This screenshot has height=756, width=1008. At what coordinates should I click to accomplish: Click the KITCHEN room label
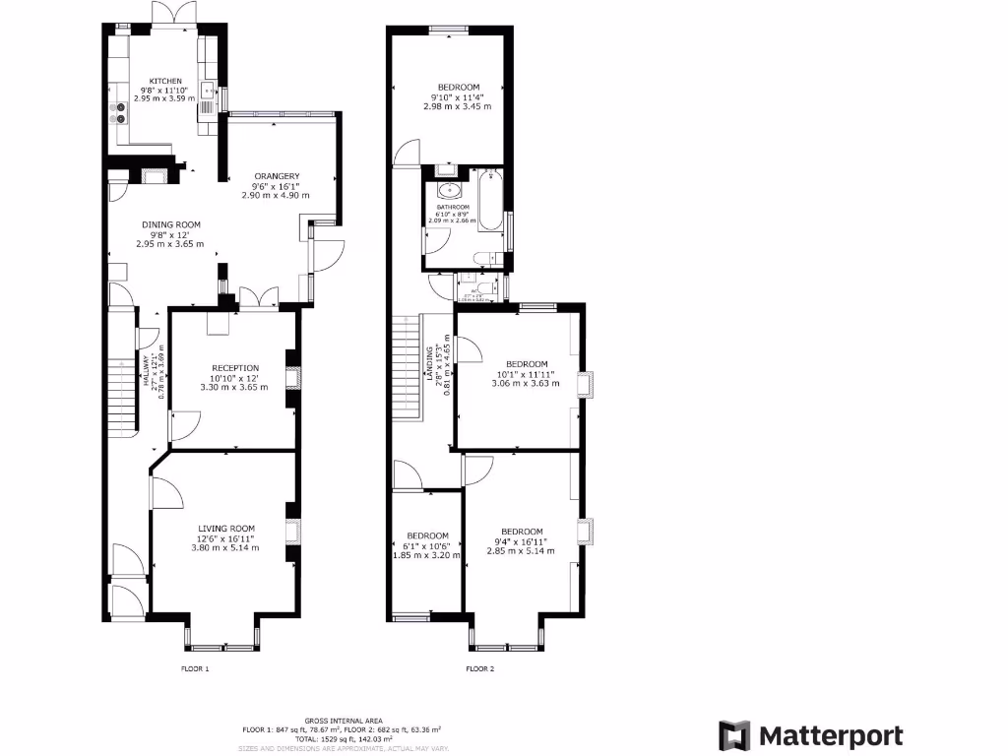tap(165, 81)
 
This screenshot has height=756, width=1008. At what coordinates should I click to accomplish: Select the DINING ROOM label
tap(170, 224)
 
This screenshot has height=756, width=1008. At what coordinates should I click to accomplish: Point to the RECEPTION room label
tap(235, 368)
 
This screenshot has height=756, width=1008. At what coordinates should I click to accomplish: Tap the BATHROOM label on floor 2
tap(453, 207)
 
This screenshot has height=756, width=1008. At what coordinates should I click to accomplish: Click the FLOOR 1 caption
tap(195, 668)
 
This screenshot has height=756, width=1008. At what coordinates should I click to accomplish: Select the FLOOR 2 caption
tap(479, 668)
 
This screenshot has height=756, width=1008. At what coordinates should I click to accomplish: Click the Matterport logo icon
tap(734, 735)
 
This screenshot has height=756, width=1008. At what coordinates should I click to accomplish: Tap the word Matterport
tap(830, 735)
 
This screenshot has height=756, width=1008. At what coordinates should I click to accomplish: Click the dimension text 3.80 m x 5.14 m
tap(226, 547)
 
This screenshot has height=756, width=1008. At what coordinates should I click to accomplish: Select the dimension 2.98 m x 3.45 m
tap(457, 106)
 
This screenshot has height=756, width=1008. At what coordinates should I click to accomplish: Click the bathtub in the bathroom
tap(492, 207)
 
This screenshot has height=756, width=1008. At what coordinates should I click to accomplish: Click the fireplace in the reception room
tap(291, 379)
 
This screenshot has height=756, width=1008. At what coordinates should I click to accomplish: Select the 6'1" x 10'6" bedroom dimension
tap(428, 546)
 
